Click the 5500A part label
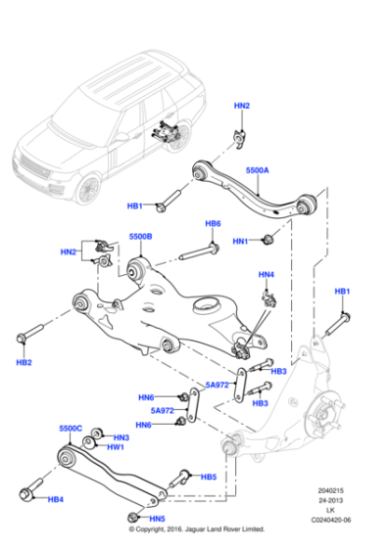(x=257, y=171)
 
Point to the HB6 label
(x=213, y=224)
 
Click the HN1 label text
(x=241, y=241)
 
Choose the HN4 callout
(x=267, y=275)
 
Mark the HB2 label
(x=24, y=363)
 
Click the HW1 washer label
(x=116, y=447)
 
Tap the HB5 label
(x=208, y=477)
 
